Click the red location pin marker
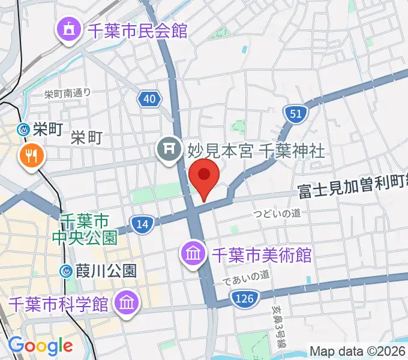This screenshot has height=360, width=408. point(204,176)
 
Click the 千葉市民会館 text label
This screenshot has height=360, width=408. point(137,29)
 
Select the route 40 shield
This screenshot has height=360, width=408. point(149,99)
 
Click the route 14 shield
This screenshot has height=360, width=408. point(142,224)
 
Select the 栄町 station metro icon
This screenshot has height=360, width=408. point(23,128)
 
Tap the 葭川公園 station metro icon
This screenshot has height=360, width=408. point(67,271)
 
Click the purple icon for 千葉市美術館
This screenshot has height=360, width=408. point(194,254)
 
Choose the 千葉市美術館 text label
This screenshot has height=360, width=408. point(261,254)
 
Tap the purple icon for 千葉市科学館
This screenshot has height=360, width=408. point(127,301)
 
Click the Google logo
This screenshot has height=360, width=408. point(40,346)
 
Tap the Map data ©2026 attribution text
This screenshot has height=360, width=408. point(358,351)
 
